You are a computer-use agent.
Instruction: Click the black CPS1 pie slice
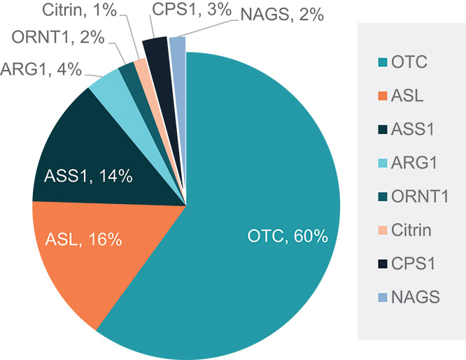tap(156, 49)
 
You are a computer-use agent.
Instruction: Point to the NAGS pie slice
tap(178, 46)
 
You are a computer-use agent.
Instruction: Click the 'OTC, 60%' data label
tap(288, 236)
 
